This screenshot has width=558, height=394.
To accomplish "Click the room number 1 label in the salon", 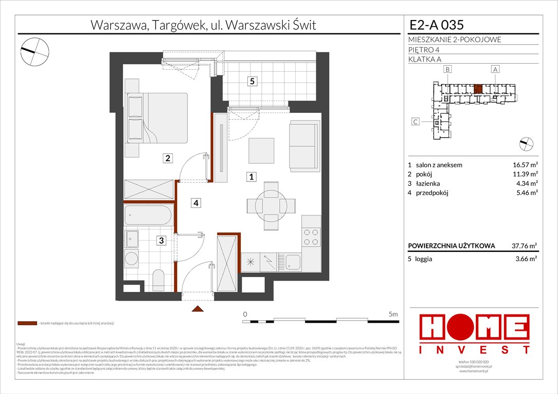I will pos(252,177).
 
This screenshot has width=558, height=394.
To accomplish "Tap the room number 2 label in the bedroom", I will pos(167,159).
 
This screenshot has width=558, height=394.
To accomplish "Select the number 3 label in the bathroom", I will pos(161,240).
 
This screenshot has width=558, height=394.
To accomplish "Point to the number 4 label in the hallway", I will pos(196,203).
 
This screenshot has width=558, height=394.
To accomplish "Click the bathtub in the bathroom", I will pos(149,215).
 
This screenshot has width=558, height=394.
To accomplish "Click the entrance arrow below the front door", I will pos(196,309).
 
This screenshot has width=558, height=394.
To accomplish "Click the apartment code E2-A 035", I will pos(432,25).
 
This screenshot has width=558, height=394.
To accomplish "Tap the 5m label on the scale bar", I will pos(393,313).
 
